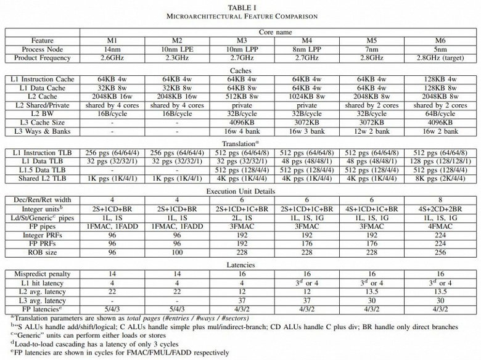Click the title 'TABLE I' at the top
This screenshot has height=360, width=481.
click(240, 6)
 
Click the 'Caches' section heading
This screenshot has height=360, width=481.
click(240, 70)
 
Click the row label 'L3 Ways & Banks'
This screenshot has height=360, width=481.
click(43, 131)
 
